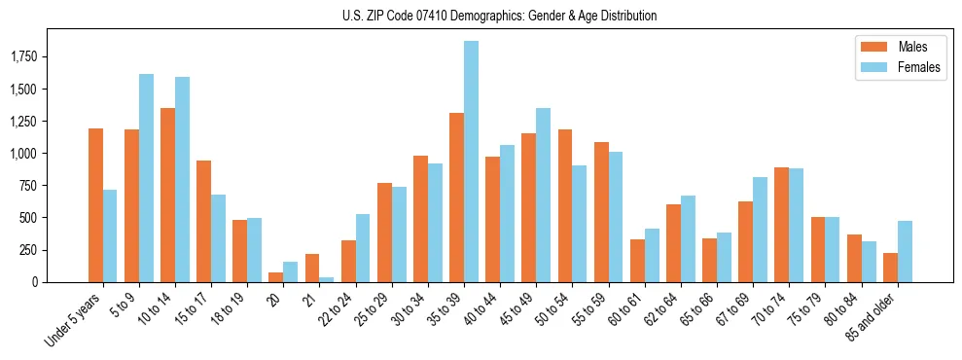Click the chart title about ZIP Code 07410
point(499,16)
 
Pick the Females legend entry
point(891,68)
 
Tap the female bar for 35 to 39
point(471,162)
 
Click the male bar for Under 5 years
point(95,205)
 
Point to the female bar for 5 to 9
point(146,178)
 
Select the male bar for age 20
point(275,277)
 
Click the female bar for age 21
point(326,279)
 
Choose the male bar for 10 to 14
point(167,195)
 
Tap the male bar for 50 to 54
point(565,205)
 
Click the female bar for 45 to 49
point(543,195)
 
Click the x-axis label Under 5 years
point(74,320)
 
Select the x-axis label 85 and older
point(873,319)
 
